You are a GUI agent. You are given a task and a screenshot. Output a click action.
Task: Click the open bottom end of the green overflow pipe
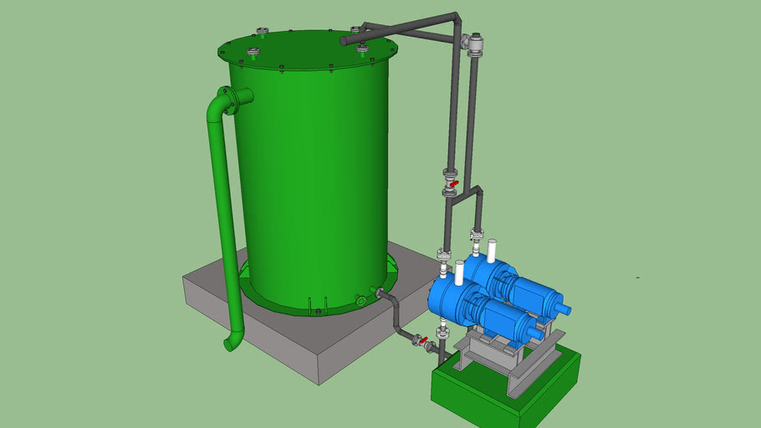click(x=229, y=344)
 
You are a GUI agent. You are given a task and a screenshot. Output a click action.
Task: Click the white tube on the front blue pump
click(x=459, y=272)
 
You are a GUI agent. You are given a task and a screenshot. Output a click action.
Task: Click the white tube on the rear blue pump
click(x=492, y=250)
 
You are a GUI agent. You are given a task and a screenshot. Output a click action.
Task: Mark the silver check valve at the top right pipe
click(x=477, y=44)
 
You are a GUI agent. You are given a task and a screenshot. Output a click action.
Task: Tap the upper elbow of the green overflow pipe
click(x=217, y=104)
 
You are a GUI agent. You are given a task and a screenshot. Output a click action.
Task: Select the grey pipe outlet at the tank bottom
click(x=380, y=294)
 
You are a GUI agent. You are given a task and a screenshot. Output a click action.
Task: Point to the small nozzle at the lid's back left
click(x=263, y=33)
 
